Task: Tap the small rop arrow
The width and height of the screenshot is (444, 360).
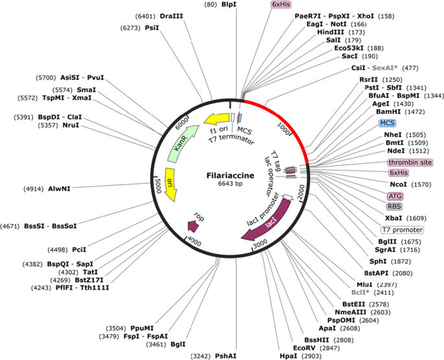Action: point(194,224)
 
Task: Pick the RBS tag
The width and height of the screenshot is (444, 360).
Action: point(394,207)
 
